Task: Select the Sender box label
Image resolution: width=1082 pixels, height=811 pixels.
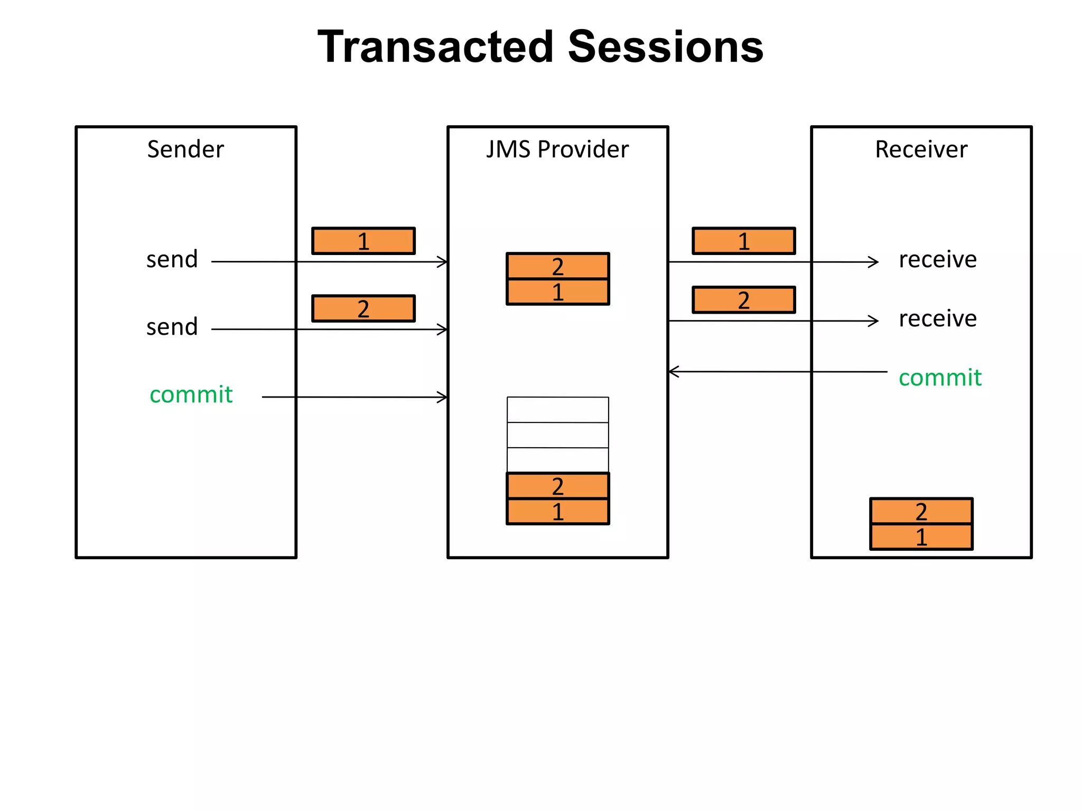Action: [185, 149]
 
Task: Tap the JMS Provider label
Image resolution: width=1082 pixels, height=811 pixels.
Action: [557, 149]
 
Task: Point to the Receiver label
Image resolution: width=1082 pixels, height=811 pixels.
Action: [921, 149]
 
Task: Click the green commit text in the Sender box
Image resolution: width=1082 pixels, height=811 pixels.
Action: [191, 395]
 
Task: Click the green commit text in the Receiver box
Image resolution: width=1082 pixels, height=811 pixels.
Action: [940, 378]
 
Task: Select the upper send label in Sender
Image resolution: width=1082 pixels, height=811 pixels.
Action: [172, 260]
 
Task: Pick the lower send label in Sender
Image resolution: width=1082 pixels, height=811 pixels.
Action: [172, 327]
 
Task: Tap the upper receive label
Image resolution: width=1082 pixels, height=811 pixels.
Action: [938, 260]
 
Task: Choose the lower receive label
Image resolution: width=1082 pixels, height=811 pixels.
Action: [938, 319]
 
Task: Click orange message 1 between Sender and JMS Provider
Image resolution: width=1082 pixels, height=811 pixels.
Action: [363, 241]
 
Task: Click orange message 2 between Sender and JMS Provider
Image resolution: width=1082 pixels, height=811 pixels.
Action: [363, 309]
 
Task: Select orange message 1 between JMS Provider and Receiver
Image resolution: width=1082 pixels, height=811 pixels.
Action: [744, 241]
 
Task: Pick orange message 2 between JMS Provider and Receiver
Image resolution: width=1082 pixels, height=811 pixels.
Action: [744, 300]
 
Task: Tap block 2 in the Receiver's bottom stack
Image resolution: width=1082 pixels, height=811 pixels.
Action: [921, 511]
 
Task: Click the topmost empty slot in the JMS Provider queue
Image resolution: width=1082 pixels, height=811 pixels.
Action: [558, 410]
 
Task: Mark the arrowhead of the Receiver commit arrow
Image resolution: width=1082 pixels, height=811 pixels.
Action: [672, 372]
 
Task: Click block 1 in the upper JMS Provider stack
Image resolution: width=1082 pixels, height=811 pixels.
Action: [558, 292]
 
